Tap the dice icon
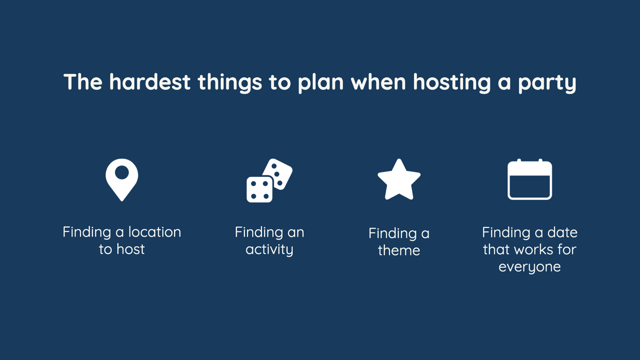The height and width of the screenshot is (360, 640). tap(269, 180)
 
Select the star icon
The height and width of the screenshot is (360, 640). tap(399, 180)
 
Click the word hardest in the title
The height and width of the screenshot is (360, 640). tap(150, 82)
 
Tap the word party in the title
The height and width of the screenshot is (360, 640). tap(547, 83)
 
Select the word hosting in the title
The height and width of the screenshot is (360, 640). tap(452, 83)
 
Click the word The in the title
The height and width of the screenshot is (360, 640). tap(83, 82)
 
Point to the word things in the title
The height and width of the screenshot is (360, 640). tap(230, 83)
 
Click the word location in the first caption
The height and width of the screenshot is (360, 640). tap(155, 232)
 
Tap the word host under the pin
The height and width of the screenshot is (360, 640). tap(131, 249)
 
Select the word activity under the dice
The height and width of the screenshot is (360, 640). tap(269, 250)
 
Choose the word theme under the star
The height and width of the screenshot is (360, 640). tap(399, 250)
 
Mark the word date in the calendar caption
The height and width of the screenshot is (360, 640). tap(562, 232)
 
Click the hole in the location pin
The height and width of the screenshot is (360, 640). tap(122, 172)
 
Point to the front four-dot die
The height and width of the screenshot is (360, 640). tap(259, 190)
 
